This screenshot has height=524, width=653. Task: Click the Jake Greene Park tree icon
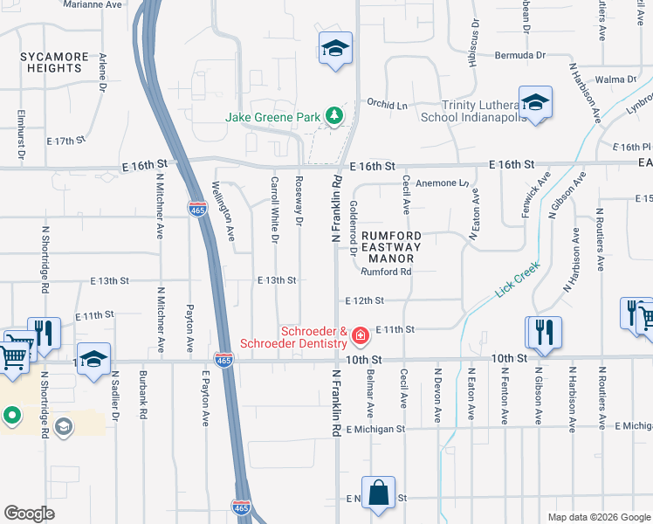[x=333, y=115]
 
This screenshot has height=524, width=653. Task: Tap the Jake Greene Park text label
[x=273, y=116]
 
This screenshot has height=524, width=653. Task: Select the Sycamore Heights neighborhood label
[x=54, y=63]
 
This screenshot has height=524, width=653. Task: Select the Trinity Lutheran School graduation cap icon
[x=534, y=101]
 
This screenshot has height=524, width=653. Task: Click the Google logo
[x=30, y=514]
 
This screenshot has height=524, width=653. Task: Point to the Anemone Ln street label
[x=443, y=183]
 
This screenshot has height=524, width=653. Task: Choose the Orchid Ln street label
[x=387, y=104]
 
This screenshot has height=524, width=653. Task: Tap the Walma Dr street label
[x=617, y=79]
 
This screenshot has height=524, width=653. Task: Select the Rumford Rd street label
[x=386, y=272]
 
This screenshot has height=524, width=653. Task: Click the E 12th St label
[x=364, y=300]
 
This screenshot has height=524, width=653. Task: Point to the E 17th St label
[x=65, y=140]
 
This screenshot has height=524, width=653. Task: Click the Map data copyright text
[x=599, y=517]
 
